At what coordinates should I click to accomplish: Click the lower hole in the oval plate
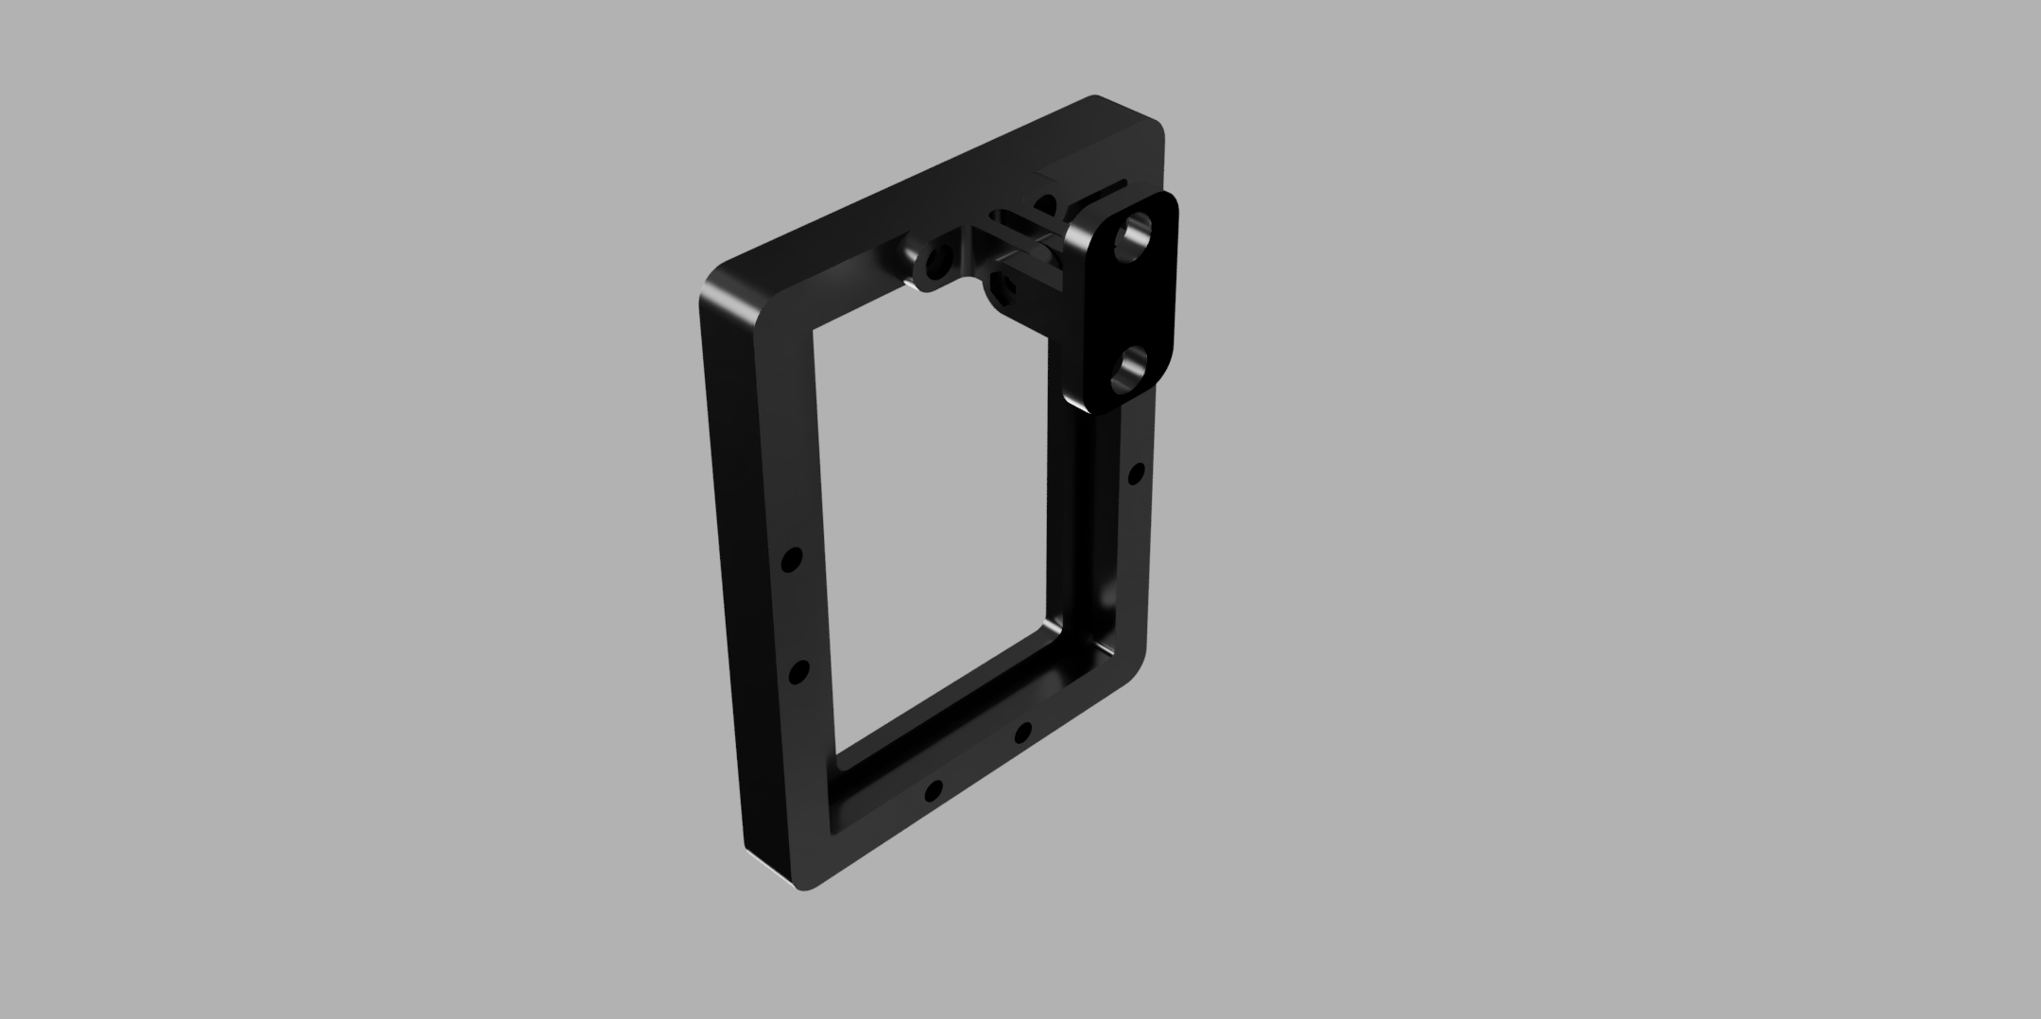pyautogui.click(x=1131, y=370)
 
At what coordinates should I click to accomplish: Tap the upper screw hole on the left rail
pyautogui.click(x=792, y=560)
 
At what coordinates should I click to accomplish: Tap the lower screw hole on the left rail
pyautogui.click(x=798, y=672)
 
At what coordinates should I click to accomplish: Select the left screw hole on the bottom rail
pyautogui.click(x=934, y=789)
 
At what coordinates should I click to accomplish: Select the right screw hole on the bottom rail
pyautogui.click(x=1022, y=733)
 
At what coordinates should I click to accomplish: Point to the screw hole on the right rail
pyautogui.click(x=1137, y=474)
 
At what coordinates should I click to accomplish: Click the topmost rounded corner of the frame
pyautogui.click(x=1096, y=99)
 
